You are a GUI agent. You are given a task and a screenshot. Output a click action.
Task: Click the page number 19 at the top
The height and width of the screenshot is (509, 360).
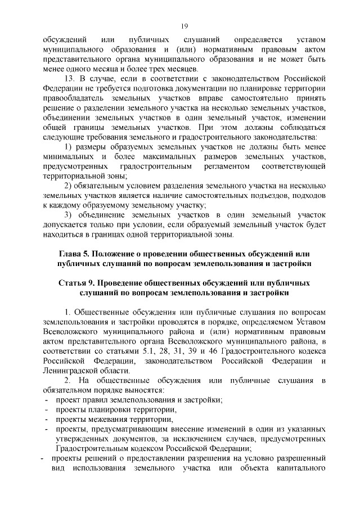click(x=184, y=26)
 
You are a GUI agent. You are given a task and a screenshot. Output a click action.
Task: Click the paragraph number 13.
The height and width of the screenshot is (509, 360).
click(x=70, y=78)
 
